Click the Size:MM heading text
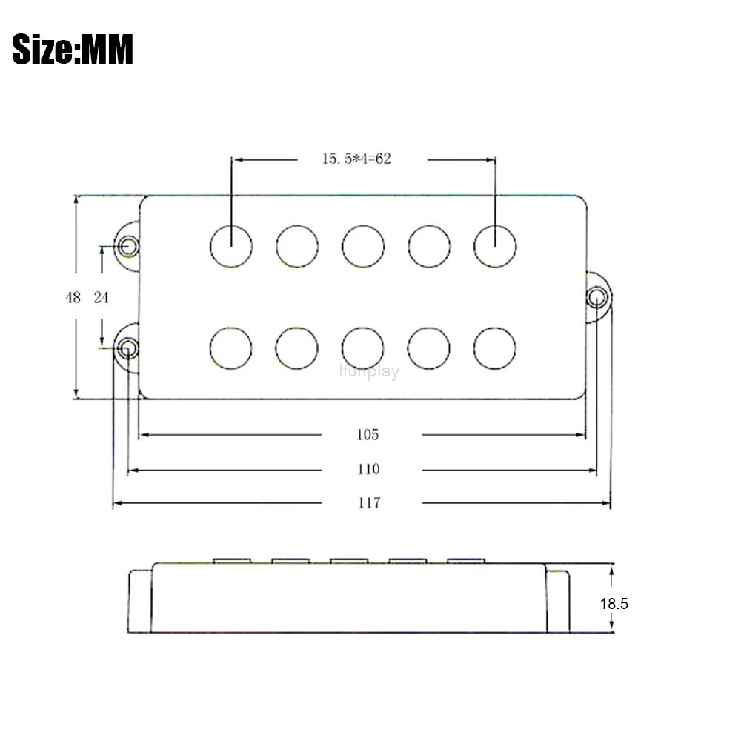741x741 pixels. click(x=73, y=49)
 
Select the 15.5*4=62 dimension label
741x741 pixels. click(x=357, y=159)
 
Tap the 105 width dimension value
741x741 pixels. click(x=368, y=434)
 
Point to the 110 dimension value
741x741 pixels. click(x=368, y=469)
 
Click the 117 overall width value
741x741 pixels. click(x=368, y=502)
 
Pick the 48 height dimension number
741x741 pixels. click(x=73, y=297)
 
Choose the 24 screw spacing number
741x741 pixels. click(x=101, y=297)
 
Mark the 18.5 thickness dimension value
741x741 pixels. click(x=614, y=603)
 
